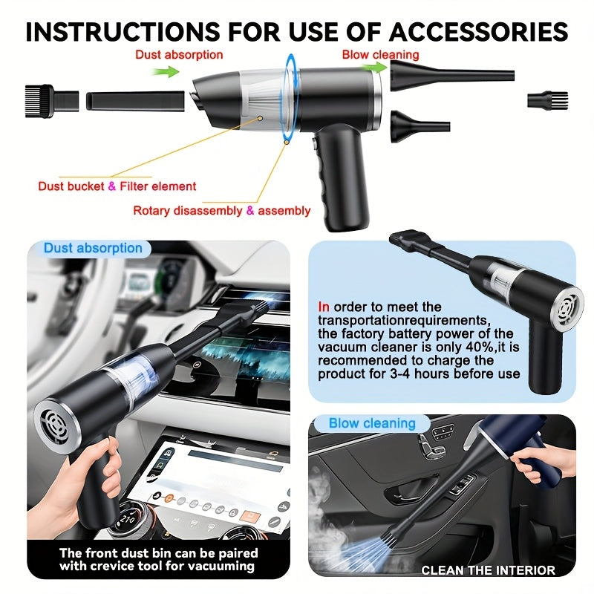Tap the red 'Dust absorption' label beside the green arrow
point(178,54)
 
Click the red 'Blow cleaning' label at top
point(380,54)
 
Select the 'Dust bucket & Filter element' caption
point(117,186)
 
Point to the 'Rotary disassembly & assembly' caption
point(221,211)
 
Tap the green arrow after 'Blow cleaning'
point(377,68)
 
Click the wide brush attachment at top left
point(51,99)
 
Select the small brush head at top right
point(547,100)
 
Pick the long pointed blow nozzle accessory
point(450,76)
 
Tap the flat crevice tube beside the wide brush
point(135,100)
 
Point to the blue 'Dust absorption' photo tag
point(93,249)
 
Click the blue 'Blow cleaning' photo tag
point(372,423)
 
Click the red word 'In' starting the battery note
point(324,307)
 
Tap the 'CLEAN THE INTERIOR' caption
point(488,570)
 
